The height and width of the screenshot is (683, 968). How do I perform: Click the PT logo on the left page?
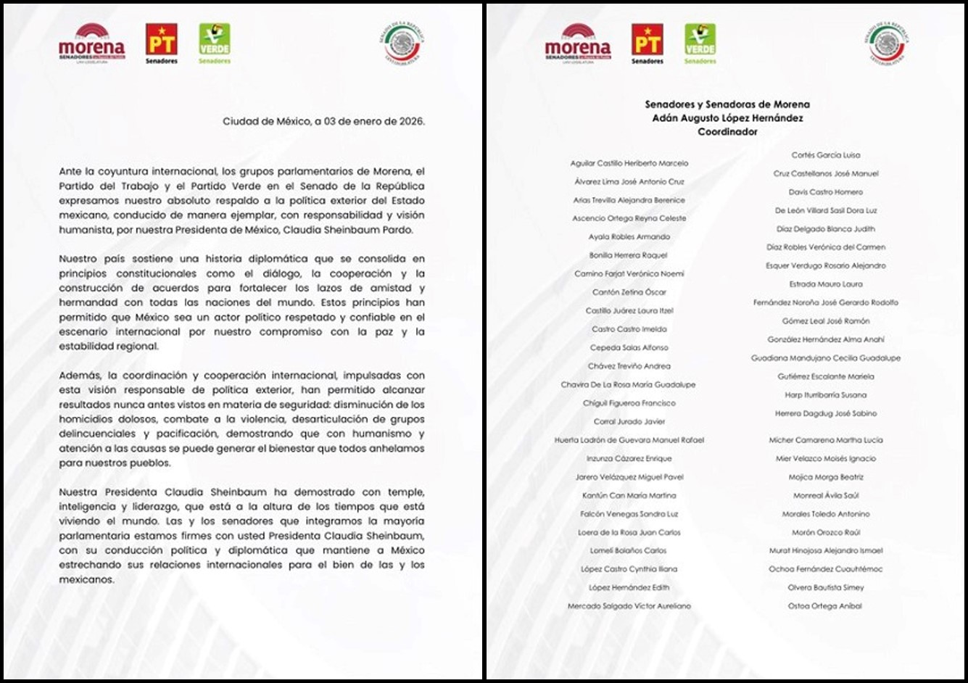[161, 41]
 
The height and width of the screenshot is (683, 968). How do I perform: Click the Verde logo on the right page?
[700, 41]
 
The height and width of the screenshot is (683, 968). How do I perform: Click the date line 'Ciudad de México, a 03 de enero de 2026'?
[323, 122]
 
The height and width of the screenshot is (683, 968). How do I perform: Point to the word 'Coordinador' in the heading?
[727, 132]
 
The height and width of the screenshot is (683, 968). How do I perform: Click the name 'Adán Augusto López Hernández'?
[727, 118]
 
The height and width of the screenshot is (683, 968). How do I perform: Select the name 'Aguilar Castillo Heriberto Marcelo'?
[629, 164]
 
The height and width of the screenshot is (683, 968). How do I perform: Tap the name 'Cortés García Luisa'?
[825, 155]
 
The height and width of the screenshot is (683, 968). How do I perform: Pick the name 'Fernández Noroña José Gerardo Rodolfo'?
[825, 302]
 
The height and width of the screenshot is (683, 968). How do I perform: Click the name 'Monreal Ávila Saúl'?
[825, 496]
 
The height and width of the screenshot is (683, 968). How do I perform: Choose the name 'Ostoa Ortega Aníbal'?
[825, 606]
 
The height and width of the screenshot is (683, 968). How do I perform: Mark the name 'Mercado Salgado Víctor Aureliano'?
[629, 606]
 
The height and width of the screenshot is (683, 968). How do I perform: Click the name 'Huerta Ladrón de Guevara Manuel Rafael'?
[629, 440]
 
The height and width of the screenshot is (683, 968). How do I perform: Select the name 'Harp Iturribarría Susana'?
[825, 395]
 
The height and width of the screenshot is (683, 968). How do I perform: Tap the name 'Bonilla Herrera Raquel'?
[629, 255]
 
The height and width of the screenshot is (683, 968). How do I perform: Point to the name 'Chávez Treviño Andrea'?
[629, 366]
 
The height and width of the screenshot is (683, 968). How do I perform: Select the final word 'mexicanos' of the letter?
[86, 580]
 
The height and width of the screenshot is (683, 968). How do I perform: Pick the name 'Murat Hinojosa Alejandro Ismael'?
[825, 551]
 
